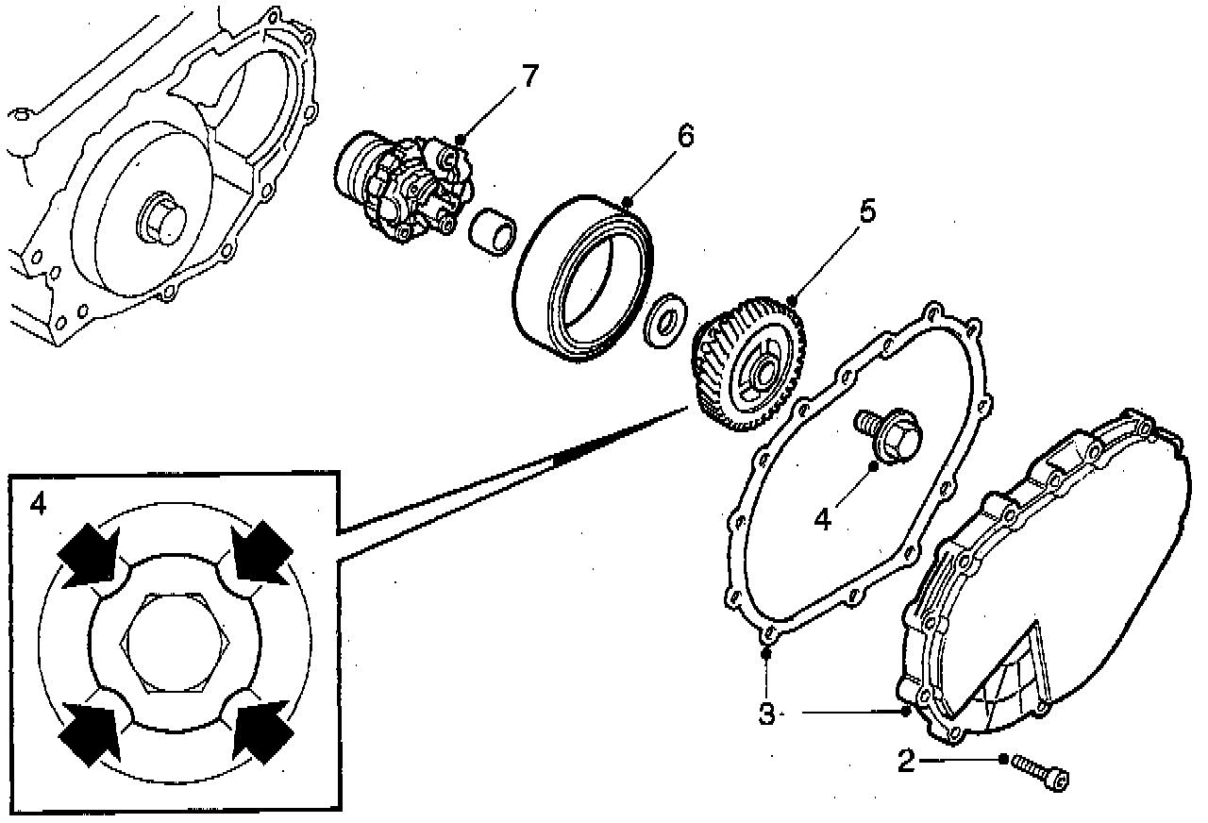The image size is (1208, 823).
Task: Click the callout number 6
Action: [684, 136]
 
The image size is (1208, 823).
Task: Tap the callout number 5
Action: [864, 211]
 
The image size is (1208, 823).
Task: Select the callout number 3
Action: [766, 714]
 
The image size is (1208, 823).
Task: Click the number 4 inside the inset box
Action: [38, 504]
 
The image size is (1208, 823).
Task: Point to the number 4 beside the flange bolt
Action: [823, 520]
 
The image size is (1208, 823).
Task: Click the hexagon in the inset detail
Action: [176, 644]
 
